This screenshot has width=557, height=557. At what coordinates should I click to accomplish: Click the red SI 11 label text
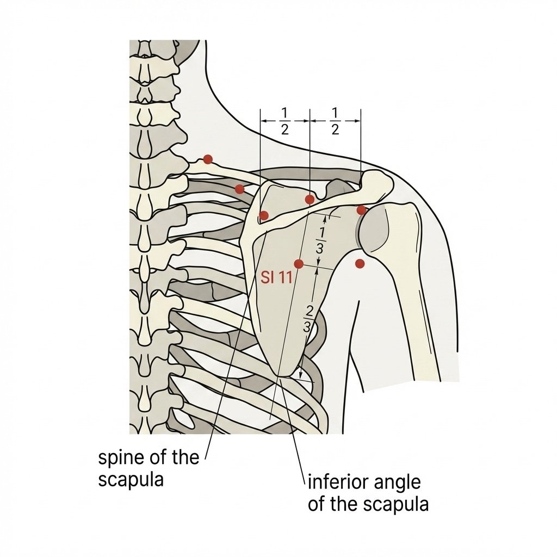276,277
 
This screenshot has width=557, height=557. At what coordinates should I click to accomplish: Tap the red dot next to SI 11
299,264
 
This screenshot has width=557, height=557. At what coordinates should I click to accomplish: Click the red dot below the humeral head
360,264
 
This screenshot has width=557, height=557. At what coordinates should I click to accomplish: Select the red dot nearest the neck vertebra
208,159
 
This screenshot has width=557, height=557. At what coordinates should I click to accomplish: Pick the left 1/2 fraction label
284,121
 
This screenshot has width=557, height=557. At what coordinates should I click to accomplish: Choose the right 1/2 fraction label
335,121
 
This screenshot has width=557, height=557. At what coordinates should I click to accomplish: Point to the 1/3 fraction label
320,240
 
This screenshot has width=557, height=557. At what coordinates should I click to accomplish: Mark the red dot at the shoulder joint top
361,211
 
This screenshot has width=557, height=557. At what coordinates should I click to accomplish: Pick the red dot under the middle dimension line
310,199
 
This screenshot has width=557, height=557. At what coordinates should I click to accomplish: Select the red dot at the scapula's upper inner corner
264,215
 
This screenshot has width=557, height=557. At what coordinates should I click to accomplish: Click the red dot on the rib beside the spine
240,189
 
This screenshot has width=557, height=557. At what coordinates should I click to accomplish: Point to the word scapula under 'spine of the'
131,480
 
